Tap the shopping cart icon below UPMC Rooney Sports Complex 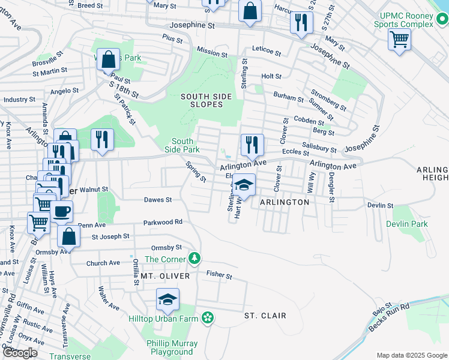tap(399, 40)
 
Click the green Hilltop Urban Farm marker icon tap(208, 317)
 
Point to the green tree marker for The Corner tap(194, 259)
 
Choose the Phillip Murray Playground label tap(172, 347)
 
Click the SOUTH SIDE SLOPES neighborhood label tap(202, 100)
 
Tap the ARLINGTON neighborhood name tap(284, 202)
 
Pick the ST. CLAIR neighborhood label tap(265, 316)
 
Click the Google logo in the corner tap(20, 353)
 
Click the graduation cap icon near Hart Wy tap(244, 185)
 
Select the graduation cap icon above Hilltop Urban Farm tap(168, 299)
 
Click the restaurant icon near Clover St tap(252, 144)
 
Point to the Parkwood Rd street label tap(162, 222)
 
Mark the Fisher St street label tap(219, 275)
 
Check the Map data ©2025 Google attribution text tap(411, 355)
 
